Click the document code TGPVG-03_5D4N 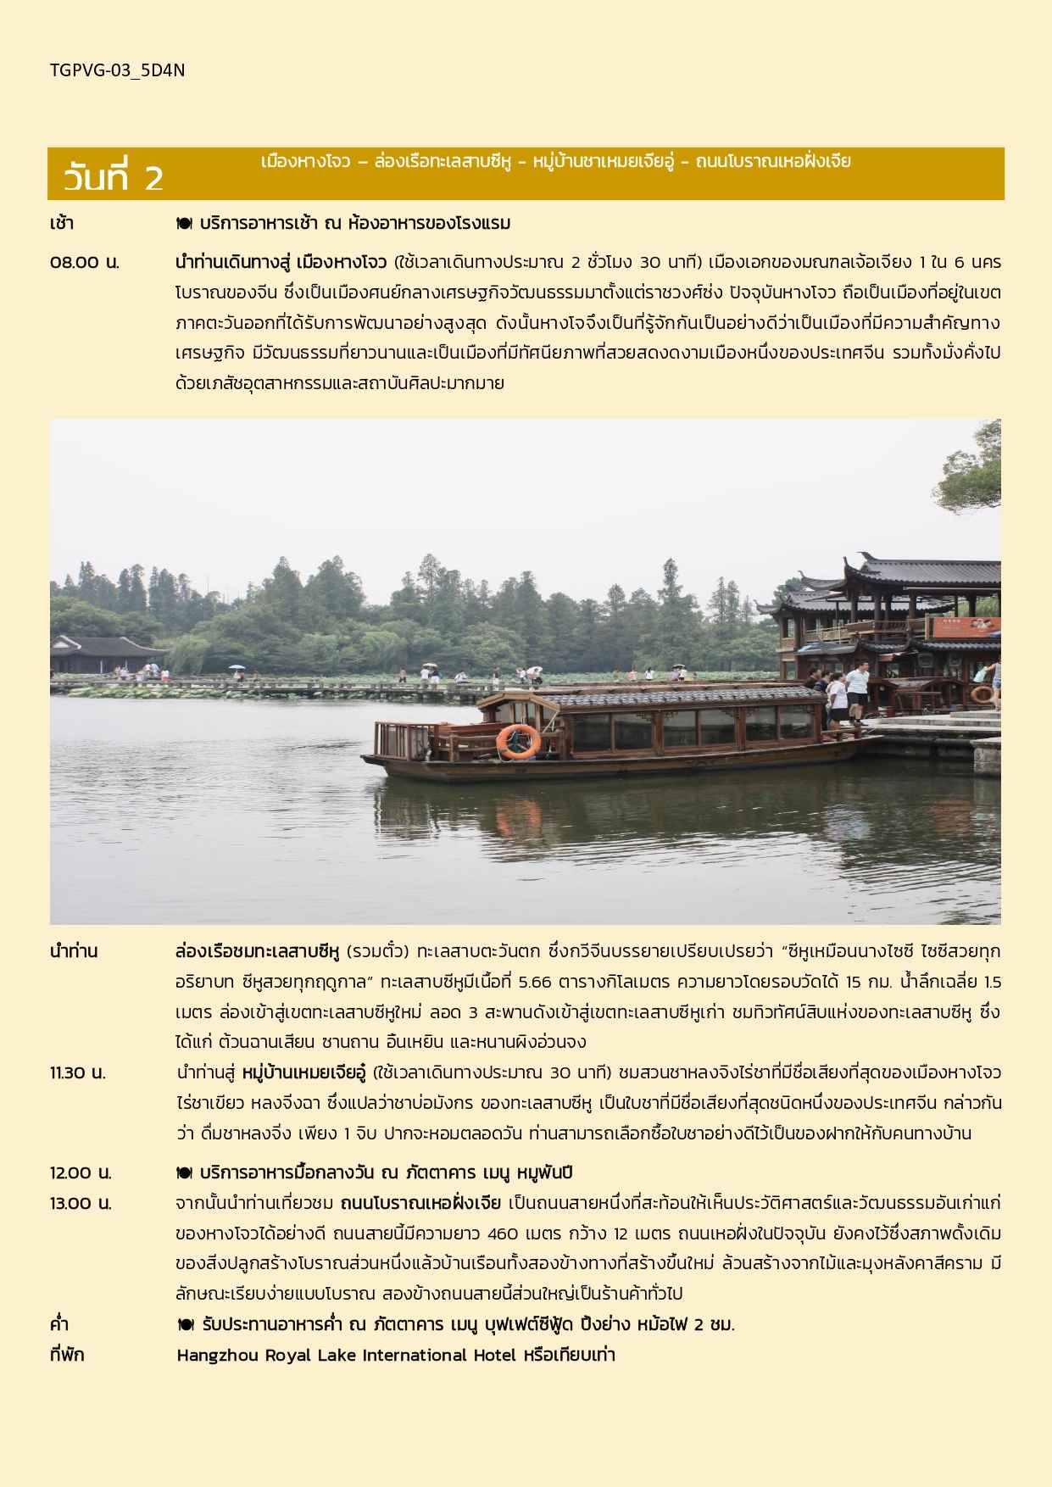click(x=117, y=70)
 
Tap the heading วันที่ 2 click(x=113, y=178)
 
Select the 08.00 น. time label click(x=84, y=262)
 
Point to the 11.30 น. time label click(x=77, y=1072)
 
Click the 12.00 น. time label click(x=81, y=1172)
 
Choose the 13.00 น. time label click(x=81, y=1203)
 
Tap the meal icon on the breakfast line click(x=184, y=224)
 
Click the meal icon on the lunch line click(x=184, y=1172)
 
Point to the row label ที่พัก click(x=67, y=1355)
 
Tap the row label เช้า click(x=62, y=224)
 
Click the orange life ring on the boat click(x=518, y=741)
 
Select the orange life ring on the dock click(x=982, y=695)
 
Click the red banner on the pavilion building click(x=966, y=627)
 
